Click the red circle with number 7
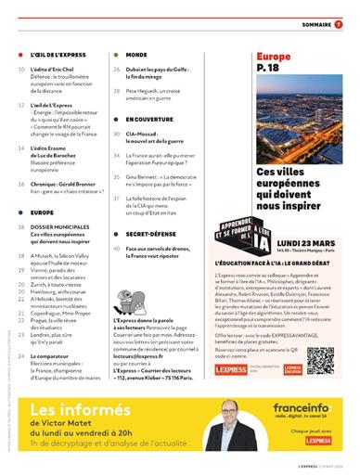click(x=338, y=24)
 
